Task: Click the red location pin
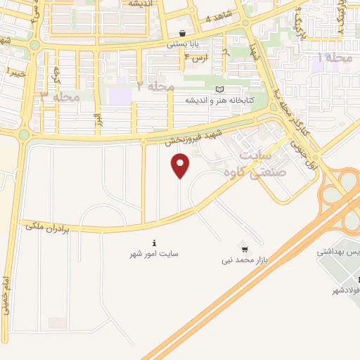[x=181, y=166]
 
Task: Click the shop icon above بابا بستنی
[x=183, y=33]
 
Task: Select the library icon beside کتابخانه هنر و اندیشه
[x=221, y=89]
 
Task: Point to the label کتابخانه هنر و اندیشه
[x=191, y=100]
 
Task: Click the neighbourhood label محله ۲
[x=155, y=86]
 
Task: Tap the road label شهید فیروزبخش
[x=189, y=137]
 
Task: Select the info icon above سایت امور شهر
[x=154, y=243]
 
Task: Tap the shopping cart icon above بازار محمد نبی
[x=244, y=248]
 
